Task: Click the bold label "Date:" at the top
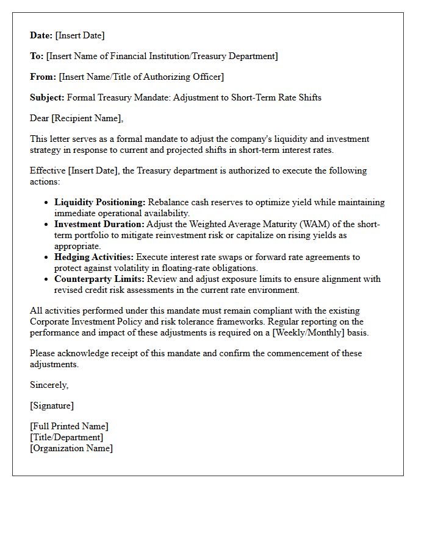pos(41,35)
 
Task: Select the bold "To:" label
pos(37,56)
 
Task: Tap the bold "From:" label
pos(43,77)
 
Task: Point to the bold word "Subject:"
pos(47,97)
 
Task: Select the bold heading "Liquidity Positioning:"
pos(99,202)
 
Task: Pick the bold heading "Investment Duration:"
pos(99,224)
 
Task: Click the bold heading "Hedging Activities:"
pos(93,257)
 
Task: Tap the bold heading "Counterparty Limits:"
pos(99,279)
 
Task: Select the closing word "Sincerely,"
pos(49,385)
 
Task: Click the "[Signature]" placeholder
pos(52,406)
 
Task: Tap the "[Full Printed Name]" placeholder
pos(69,426)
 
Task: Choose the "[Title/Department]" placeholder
pos(66,437)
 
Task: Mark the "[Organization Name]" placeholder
pos(71,448)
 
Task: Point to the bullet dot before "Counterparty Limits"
pos(47,279)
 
